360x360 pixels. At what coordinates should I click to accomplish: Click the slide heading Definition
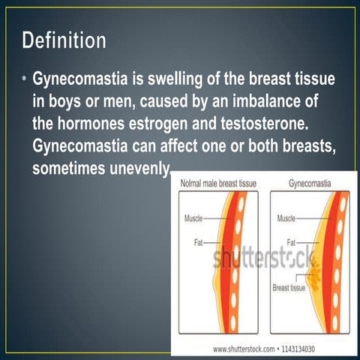pyautogui.click(x=64, y=40)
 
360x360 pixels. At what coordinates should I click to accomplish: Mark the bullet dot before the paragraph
pyautogui.click(x=24, y=79)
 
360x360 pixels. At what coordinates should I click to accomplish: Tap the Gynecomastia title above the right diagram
pyautogui.click(x=310, y=183)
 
